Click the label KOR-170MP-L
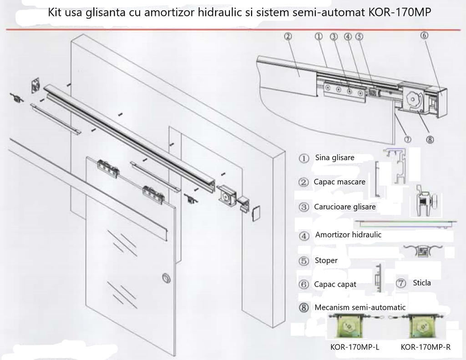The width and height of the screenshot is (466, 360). pos(355,347)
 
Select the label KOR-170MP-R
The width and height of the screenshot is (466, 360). pos(425,347)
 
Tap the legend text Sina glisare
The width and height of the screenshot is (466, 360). pos(334,158)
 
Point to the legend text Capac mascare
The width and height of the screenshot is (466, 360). pos(339,182)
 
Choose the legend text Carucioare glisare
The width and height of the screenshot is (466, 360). pos(344,207)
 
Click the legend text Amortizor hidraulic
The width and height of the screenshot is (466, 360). pos(348,235)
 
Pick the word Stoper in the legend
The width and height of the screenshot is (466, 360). pos(326,261)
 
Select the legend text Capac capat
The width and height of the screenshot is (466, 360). pos(335,284)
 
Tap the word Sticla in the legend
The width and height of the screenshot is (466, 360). pos(421,283)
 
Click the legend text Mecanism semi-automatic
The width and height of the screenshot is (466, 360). pos(360,308)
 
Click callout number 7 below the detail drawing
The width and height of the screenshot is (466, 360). pos(408,139)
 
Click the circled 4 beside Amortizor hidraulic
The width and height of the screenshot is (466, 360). pos(304,236)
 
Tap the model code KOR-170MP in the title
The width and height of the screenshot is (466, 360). pos(400,12)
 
